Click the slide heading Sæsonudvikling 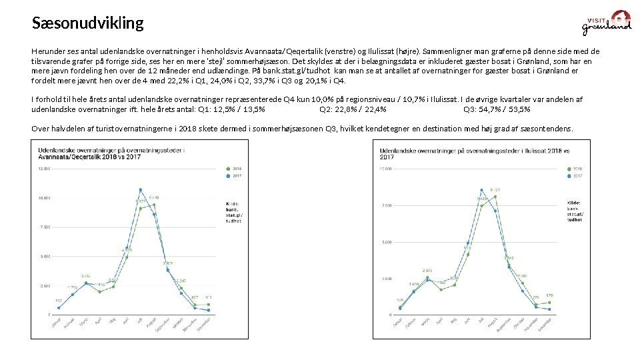click(x=87, y=23)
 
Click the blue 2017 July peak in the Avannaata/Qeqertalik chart click(x=141, y=190)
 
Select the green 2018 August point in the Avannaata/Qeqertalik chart click(x=154, y=205)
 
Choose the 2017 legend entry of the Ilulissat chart click(x=575, y=177)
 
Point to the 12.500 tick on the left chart click(x=43, y=169)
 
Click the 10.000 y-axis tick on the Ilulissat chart click(x=387, y=169)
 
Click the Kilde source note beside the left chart click(x=234, y=211)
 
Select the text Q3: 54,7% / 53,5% click(x=497, y=109)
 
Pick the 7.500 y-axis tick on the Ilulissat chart click(x=387, y=205)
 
